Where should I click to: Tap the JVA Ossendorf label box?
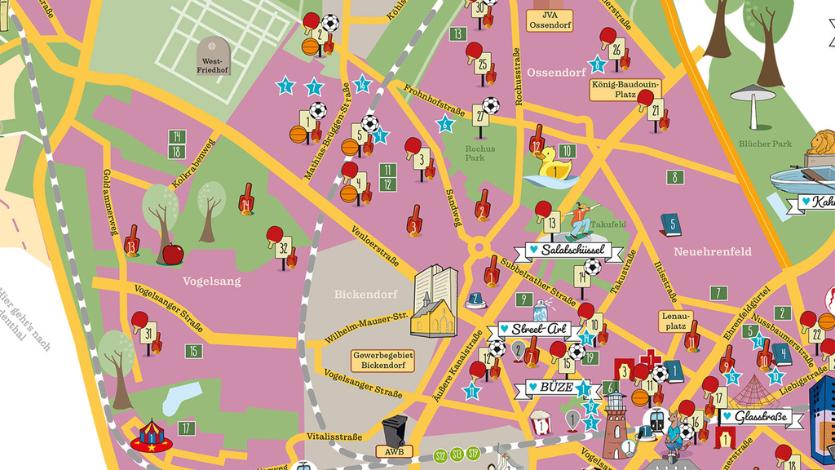pos(550,20)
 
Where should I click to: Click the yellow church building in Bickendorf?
pos(434,303)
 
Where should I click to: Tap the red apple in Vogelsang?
pos(173,254)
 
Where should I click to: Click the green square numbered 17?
pos(187,428)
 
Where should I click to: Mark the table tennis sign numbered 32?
pos(283,247)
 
